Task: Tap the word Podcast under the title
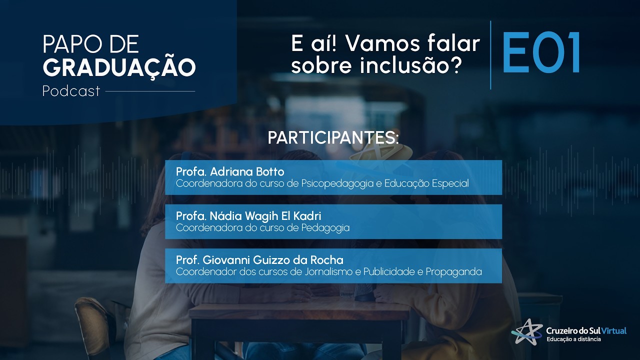click(x=71, y=91)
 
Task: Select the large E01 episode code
click(x=541, y=53)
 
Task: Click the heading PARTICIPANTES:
click(x=333, y=138)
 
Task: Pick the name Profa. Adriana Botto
click(x=230, y=172)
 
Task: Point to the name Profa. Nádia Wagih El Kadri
click(x=248, y=216)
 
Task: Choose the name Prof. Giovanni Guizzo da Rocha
click(x=259, y=260)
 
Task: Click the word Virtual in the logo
click(x=613, y=331)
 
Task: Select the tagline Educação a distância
click(x=574, y=339)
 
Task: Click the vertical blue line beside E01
click(x=490, y=55)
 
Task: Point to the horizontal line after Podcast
click(x=150, y=91)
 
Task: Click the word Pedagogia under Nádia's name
click(x=325, y=228)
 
